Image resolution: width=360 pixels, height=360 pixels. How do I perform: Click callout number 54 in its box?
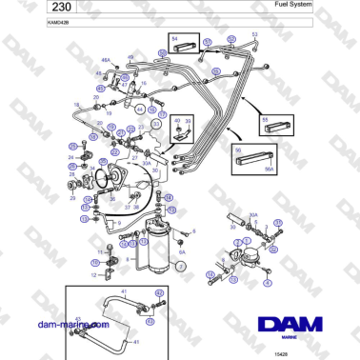[174, 35]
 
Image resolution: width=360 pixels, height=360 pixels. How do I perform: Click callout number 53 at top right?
[254, 34]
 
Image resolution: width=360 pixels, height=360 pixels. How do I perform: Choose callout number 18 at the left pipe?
[77, 104]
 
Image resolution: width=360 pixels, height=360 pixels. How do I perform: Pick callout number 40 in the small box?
[176, 122]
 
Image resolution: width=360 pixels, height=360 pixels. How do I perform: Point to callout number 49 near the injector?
[130, 57]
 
